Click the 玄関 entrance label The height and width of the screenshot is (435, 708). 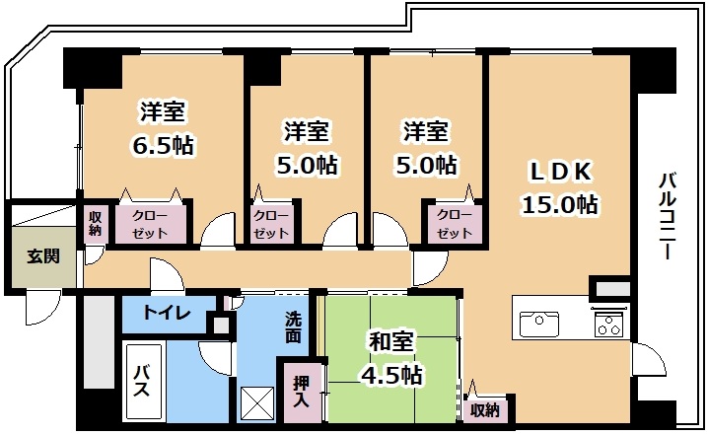click(43, 256)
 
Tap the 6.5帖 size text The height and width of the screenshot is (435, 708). click(163, 145)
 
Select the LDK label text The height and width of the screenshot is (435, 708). click(560, 172)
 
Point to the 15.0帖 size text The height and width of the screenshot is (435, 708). click(560, 204)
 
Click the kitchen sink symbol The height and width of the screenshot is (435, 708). click(539, 324)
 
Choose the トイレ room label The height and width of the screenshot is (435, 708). click(167, 313)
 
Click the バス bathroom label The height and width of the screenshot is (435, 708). click(142, 381)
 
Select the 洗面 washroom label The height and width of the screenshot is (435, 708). click(293, 327)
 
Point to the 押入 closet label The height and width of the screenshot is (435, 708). click(301, 392)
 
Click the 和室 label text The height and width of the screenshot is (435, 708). click(391, 342)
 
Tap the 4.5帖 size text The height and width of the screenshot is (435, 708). click(391, 375)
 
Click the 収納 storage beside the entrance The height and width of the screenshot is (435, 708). click(95, 223)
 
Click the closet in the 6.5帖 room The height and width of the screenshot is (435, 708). click(151, 224)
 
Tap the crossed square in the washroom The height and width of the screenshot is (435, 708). click(257, 403)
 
